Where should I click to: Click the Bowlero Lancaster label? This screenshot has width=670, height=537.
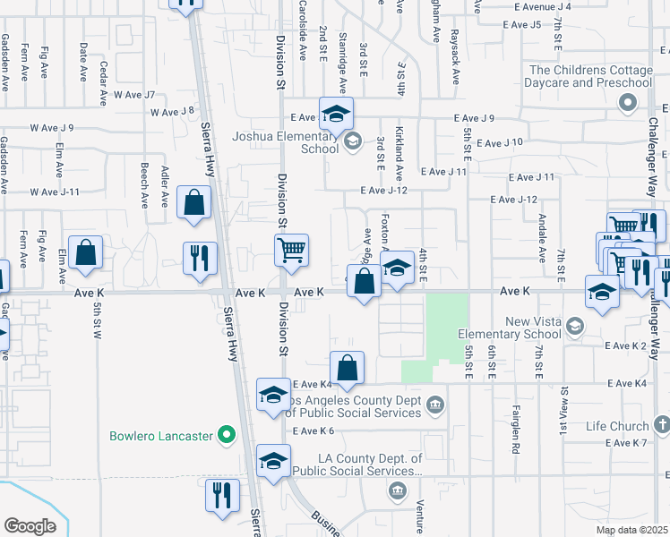coord(161,437)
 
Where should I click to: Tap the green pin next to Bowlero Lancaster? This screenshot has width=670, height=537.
coord(227,437)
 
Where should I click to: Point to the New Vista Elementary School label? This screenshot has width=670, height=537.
coord(507,328)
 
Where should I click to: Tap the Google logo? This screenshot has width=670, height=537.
coord(30,526)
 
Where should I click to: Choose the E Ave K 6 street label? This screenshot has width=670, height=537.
coord(313,430)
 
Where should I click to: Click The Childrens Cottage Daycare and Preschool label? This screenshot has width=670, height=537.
coord(590,77)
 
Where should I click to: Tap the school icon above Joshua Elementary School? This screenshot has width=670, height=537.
coord(337,115)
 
